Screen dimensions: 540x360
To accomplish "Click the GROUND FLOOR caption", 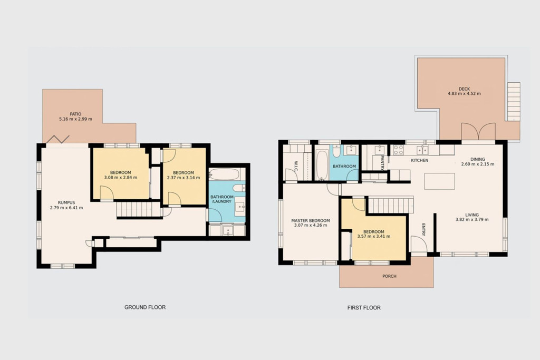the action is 145,307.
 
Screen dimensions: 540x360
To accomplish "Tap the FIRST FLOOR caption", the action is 364,308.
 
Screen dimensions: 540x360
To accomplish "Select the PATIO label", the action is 75,114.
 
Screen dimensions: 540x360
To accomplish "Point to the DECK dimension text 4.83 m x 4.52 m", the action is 464,94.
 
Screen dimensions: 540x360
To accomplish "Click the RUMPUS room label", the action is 66,203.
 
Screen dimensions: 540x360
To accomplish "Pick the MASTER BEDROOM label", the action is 310,221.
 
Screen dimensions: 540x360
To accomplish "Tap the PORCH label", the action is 389,276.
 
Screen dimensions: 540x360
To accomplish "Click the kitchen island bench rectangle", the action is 439,181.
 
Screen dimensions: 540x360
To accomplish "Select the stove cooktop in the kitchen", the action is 399,150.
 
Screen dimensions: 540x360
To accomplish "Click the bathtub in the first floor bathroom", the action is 322,164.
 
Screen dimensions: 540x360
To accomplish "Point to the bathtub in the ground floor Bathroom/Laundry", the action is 224,174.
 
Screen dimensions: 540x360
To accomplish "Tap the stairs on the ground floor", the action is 139,210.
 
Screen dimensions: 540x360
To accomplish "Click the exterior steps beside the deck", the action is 514,102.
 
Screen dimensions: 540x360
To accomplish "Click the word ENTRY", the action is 423,230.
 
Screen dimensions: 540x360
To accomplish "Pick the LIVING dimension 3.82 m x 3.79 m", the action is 472,220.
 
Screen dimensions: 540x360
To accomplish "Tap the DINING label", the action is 478,159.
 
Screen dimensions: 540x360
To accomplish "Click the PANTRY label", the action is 382,162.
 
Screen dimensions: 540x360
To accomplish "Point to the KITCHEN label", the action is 419,160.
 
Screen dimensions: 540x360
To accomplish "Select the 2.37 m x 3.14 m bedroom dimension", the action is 183,178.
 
